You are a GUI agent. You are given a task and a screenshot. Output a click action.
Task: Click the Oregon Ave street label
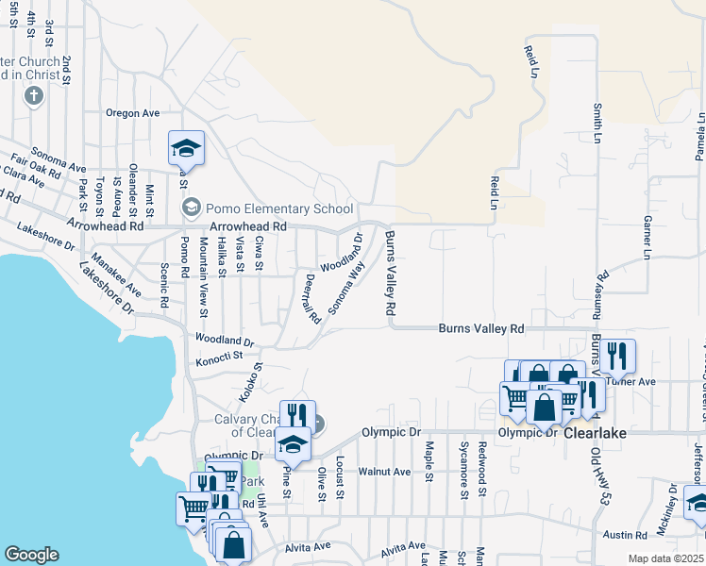click(x=133, y=113)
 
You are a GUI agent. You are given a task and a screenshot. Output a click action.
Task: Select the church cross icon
click(x=34, y=95)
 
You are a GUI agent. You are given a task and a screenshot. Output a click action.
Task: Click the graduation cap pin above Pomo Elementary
click(x=186, y=148)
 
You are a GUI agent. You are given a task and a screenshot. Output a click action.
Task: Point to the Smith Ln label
click(x=597, y=124)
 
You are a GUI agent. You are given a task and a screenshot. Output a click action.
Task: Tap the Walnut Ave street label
click(x=385, y=471)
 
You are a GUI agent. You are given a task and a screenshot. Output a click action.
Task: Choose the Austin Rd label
click(x=626, y=535)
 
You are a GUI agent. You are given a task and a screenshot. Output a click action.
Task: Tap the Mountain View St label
click(x=203, y=275)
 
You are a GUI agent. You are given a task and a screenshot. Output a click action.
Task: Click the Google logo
click(x=31, y=555)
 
